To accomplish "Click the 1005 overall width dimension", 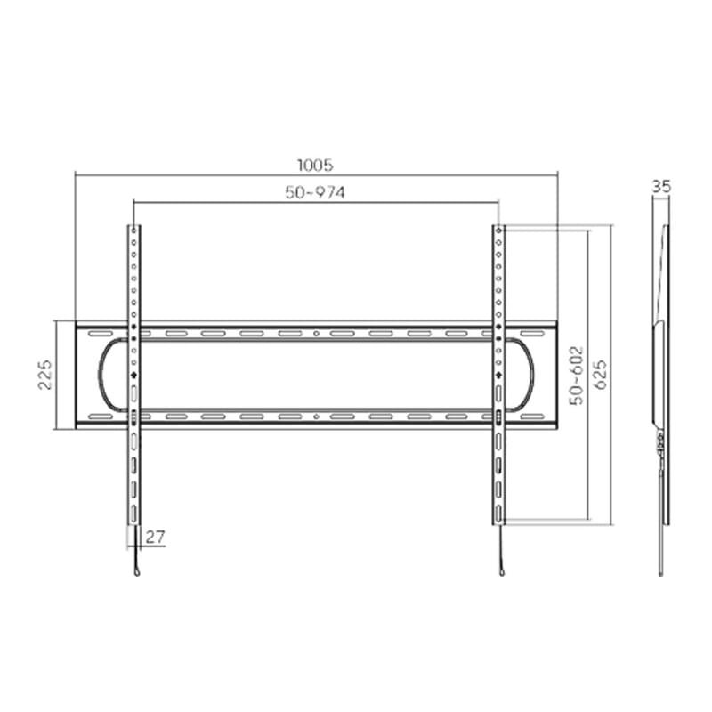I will [315, 165].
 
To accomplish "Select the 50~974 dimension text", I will [315, 192].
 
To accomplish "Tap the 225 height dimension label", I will [44, 375].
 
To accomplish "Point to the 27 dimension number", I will [155, 537].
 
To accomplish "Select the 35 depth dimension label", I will [660, 187].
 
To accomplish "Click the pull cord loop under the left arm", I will [136, 567].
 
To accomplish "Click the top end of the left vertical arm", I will [133, 229].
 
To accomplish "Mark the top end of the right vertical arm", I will [499, 229].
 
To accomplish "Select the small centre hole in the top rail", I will [317, 334].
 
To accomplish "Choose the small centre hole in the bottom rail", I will [317, 416].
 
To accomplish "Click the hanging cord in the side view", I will [660, 534].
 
